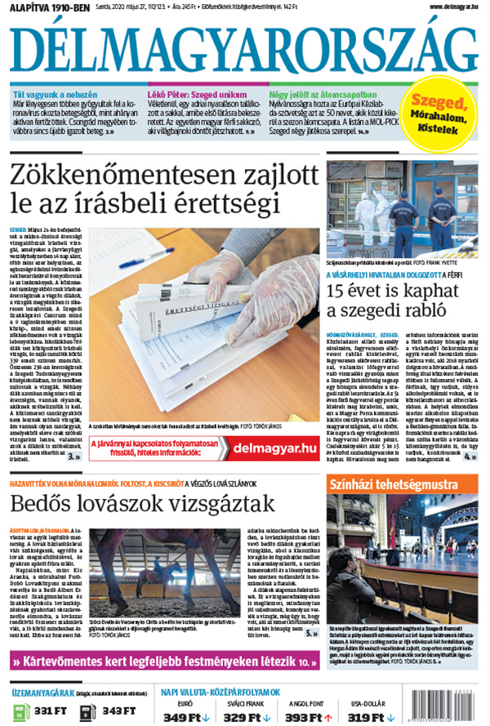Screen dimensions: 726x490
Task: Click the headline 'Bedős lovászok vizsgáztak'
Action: tap(143, 503)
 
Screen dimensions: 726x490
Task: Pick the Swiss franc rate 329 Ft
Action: tap(242, 717)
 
